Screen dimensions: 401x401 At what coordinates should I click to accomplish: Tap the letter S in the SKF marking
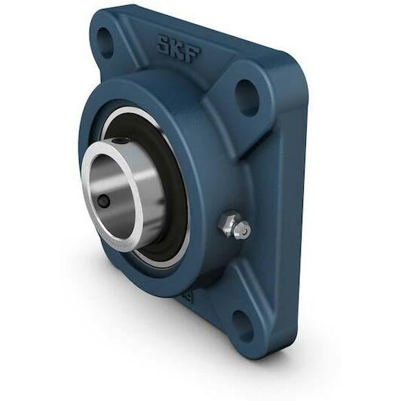pos(163,44)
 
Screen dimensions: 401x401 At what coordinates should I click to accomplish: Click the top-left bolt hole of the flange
pos(106,42)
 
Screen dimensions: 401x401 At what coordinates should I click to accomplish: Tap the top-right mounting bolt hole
pos(246,97)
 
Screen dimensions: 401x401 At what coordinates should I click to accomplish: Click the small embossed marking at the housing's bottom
pos(184,297)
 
